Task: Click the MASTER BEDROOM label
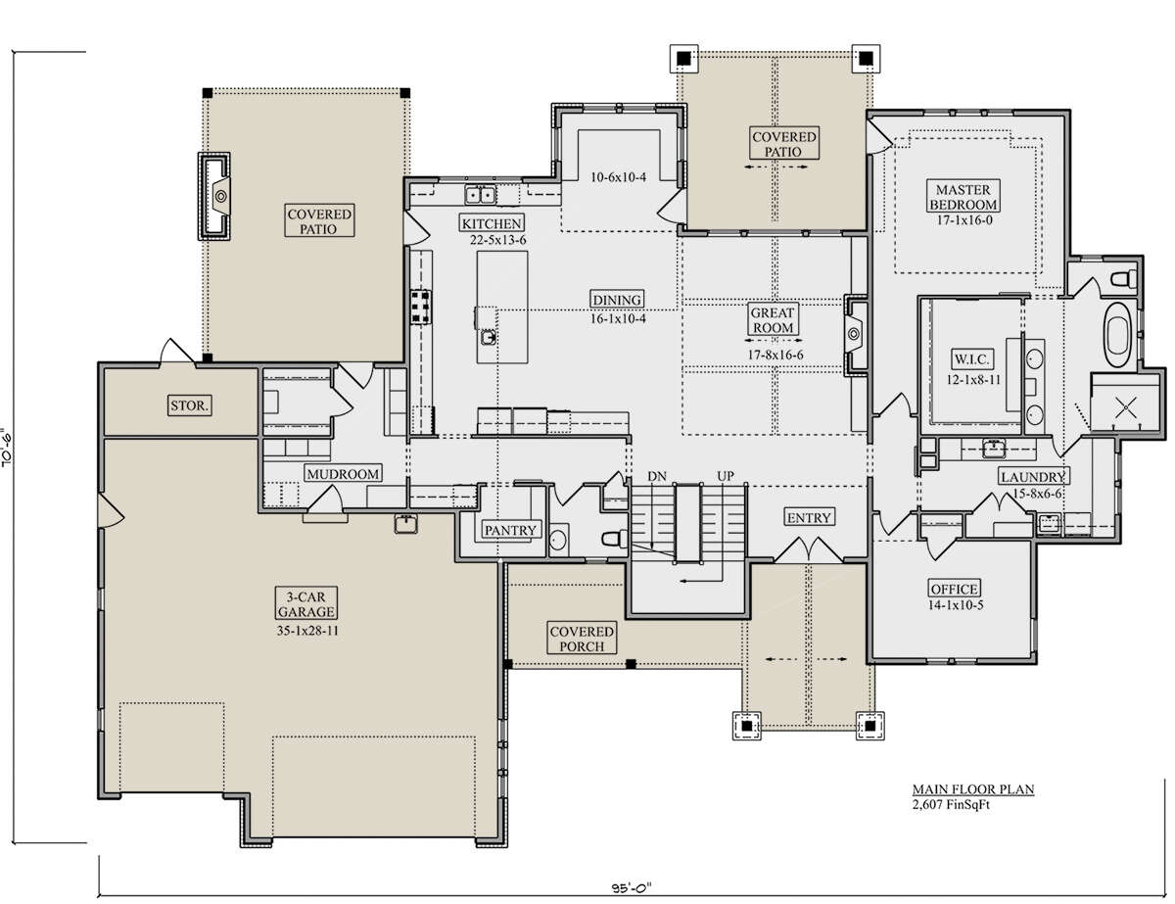click(x=963, y=197)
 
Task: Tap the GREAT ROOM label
click(x=773, y=320)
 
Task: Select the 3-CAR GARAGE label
click(x=306, y=604)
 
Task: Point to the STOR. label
click(x=189, y=405)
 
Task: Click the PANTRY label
click(x=510, y=531)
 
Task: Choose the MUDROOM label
click(x=343, y=474)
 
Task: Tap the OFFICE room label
click(x=955, y=589)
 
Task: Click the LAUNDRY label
click(x=1033, y=477)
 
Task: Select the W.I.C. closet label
click(x=971, y=359)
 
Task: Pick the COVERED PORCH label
click(x=582, y=639)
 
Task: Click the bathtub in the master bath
click(x=1117, y=335)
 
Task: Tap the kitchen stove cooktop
click(x=420, y=308)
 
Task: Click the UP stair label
click(x=726, y=476)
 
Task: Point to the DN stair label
click(x=657, y=476)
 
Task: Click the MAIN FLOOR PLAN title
click(x=973, y=789)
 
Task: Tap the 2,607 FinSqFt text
click(x=951, y=804)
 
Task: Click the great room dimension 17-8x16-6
click(x=775, y=355)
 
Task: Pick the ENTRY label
click(x=809, y=518)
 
